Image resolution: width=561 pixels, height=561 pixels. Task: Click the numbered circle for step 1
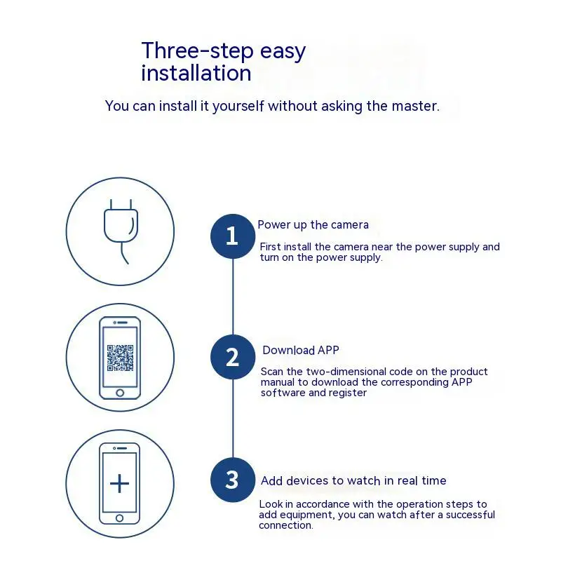(x=233, y=236)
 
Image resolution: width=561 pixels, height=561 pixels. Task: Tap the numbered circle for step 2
(x=233, y=357)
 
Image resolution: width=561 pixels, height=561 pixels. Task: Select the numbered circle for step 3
(x=233, y=480)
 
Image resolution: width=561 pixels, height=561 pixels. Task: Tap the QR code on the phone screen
(x=120, y=358)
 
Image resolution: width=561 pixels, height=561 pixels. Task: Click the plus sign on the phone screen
(x=119, y=484)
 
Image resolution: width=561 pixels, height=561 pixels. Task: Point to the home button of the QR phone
(x=120, y=393)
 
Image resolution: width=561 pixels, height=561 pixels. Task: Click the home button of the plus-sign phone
(x=119, y=518)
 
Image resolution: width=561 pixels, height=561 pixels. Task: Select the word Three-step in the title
(x=198, y=51)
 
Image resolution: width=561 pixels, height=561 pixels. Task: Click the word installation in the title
(x=196, y=74)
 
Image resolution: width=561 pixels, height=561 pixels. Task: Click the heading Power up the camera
(x=313, y=225)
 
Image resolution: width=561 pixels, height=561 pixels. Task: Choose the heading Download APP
(x=301, y=350)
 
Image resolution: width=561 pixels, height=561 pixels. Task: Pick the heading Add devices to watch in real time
(x=353, y=480)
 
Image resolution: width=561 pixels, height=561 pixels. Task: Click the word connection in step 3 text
(x=286, y=525)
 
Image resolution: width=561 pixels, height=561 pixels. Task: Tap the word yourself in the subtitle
(x=238, y=107)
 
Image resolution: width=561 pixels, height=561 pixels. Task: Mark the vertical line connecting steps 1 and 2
(x=233, y=297)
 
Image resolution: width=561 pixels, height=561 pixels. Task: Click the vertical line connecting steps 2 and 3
(x=233, y=419)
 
